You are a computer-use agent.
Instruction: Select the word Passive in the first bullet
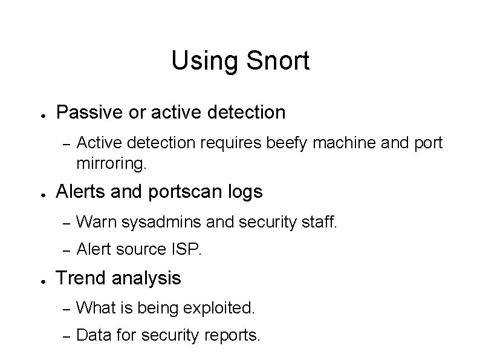point(88,112)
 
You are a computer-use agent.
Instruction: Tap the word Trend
point(79,278)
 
